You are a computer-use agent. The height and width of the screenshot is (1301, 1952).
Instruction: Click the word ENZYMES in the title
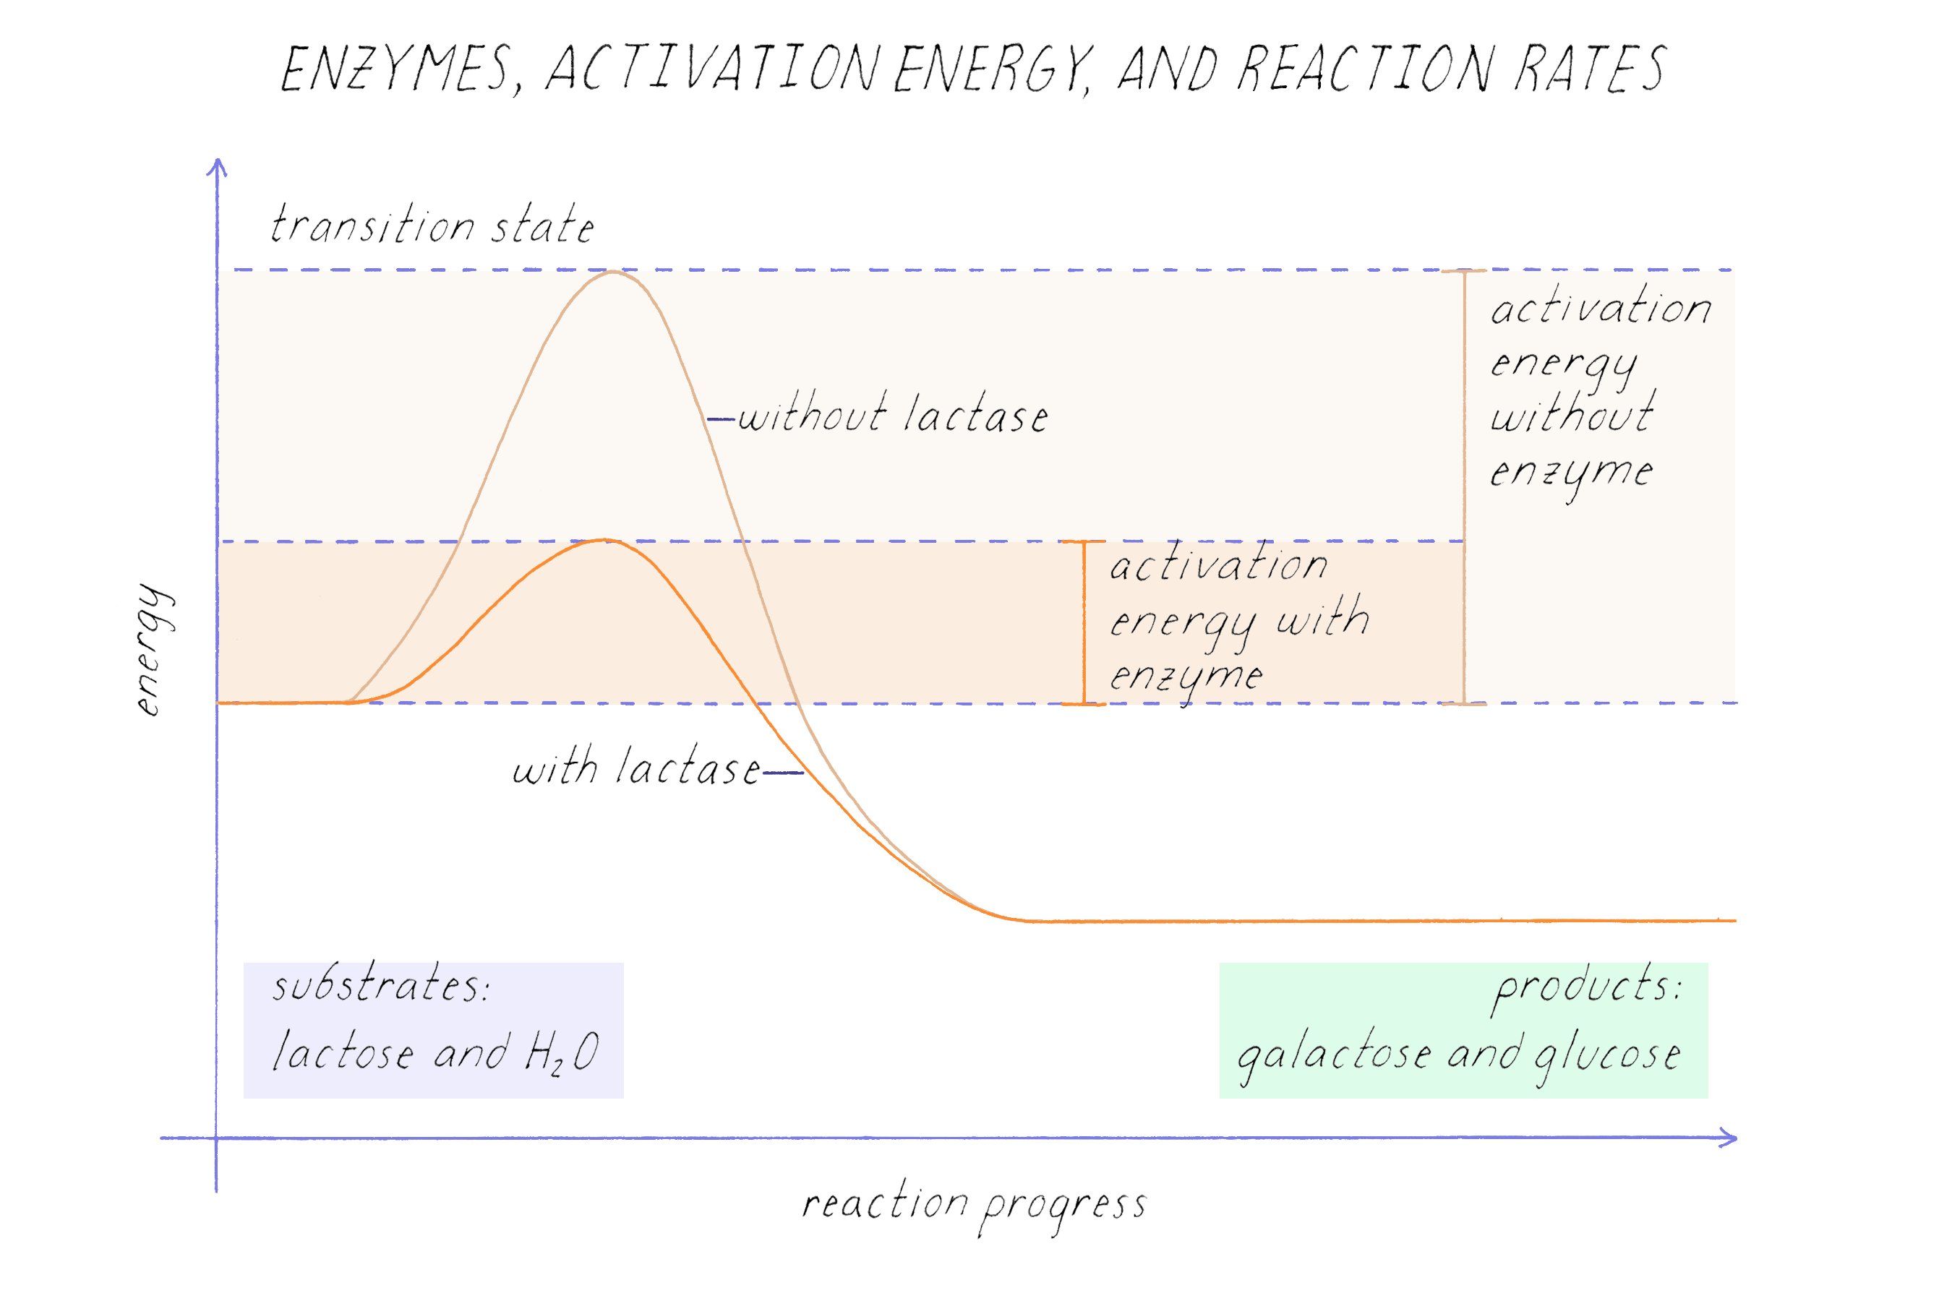tap(397, 69)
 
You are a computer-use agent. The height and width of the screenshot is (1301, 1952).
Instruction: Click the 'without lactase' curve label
tap(892, 415)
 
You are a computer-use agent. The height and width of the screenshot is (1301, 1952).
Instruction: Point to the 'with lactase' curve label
tap(635, 768)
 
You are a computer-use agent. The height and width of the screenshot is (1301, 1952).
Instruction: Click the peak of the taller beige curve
tap(612, 272)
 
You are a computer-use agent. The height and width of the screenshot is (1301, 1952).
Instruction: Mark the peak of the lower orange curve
tap(605, 540)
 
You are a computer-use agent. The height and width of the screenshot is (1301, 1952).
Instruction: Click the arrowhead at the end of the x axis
tap(1729, 1138)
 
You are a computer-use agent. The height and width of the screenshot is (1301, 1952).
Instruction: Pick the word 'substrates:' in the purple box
tap(381, 987)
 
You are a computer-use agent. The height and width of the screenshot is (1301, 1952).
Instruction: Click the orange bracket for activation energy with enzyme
tap(1084, 622)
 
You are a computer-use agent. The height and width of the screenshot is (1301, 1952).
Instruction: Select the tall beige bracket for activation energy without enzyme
tap(1464, 487)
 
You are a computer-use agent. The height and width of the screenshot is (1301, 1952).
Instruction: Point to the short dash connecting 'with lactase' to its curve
tap(783, 773)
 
